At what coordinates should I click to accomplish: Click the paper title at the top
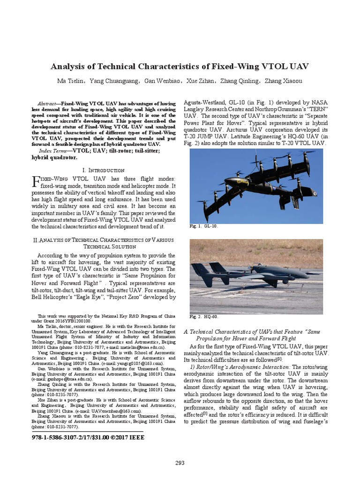point(180,66)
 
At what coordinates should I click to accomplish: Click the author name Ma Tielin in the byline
point(72,81)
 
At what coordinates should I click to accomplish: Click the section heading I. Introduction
point(103,170)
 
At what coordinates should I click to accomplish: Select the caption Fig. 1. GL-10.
point(203,226)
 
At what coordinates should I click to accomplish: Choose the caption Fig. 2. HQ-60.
point(204,316)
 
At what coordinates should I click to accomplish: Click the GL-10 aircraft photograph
point(256,185)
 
